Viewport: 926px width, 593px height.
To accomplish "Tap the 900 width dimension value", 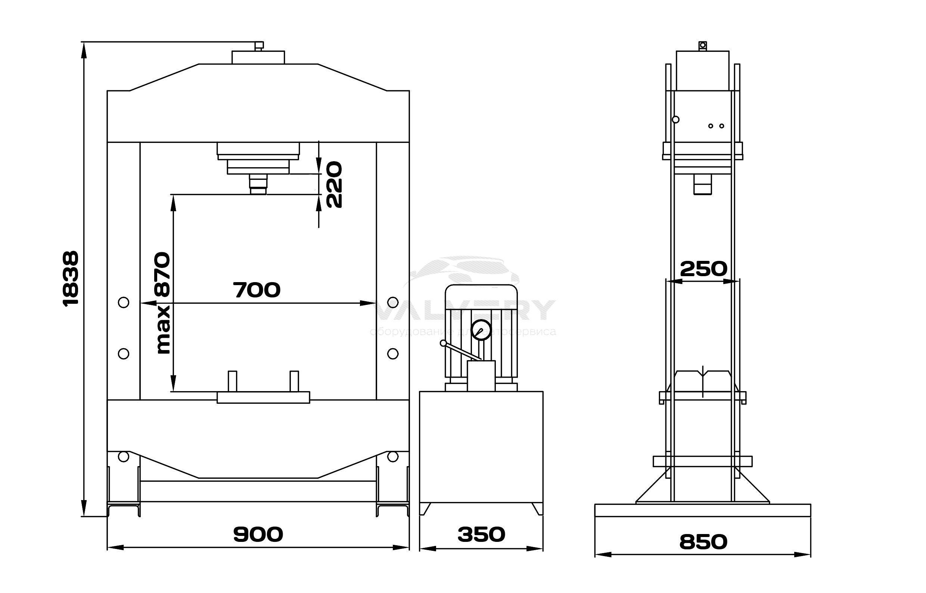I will [x=258, y=534].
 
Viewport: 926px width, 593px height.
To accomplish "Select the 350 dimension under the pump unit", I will [x=481, y=534].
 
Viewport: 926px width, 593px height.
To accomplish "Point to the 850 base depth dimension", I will [x=703, y=542].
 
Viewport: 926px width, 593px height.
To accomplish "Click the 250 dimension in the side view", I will [x=703, y=269].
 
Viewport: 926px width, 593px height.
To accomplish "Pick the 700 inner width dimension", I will [x=257, y=290].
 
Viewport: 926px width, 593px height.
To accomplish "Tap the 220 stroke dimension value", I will [x=333, y=184].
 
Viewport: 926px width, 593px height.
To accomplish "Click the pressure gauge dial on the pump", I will [x=481, y=330].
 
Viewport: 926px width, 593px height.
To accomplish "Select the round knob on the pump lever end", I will [x=443, y=343].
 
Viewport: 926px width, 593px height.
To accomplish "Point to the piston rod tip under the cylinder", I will [x=258, y=190].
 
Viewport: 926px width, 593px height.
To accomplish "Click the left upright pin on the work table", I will [x=232, y=381].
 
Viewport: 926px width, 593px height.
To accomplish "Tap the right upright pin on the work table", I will [x=294, y=381].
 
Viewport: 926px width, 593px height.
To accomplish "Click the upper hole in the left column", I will [x=124, y=302].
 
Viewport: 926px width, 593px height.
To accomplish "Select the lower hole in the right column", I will [x=392, y=353].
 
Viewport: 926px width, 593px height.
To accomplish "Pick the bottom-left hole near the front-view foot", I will [x=123, y=457].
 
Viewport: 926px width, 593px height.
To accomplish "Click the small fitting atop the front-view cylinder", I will [x=259, y=46].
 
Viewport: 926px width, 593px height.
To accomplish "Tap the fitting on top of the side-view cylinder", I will [x=703, y=46].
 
